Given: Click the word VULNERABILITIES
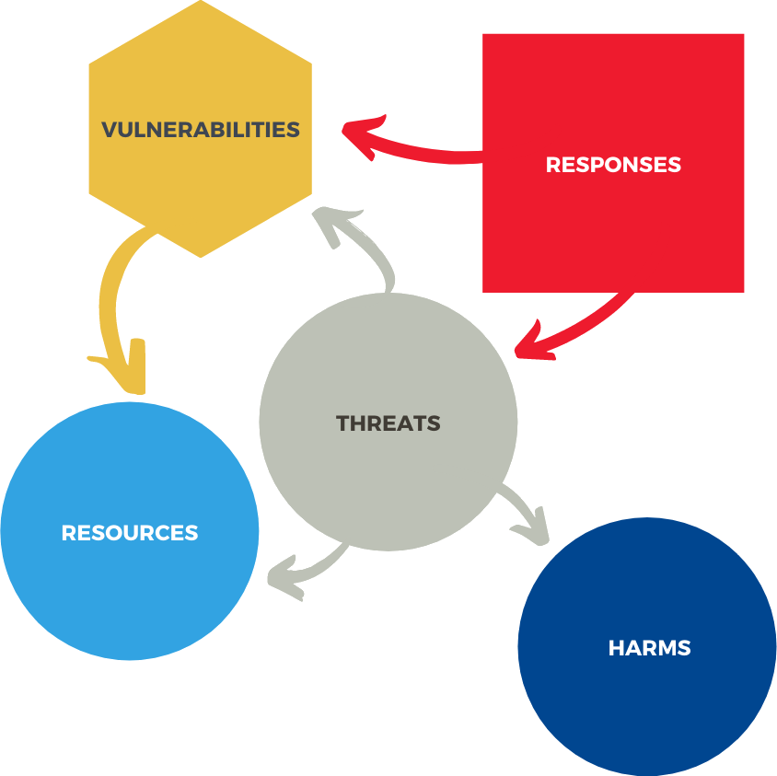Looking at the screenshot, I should click(201, 129).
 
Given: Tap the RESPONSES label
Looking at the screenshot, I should click(613, 165).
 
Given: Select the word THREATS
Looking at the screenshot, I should click(388, 424).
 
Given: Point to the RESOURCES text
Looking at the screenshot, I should click(130, 533).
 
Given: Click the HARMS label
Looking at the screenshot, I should click(649, 648).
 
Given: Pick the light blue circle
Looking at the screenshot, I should click(130, 589).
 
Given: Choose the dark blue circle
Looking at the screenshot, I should click(649, 700).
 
